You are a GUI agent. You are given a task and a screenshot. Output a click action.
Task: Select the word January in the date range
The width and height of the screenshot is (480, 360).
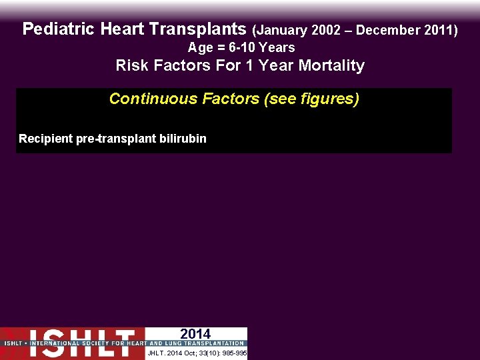(282, 30)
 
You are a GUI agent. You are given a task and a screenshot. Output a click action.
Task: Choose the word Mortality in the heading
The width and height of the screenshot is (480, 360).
(333, 65)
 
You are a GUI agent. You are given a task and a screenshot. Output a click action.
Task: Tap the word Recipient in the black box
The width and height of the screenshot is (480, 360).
(45, 139)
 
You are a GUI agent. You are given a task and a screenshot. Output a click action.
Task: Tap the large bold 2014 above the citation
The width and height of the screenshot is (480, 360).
(195, 334)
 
